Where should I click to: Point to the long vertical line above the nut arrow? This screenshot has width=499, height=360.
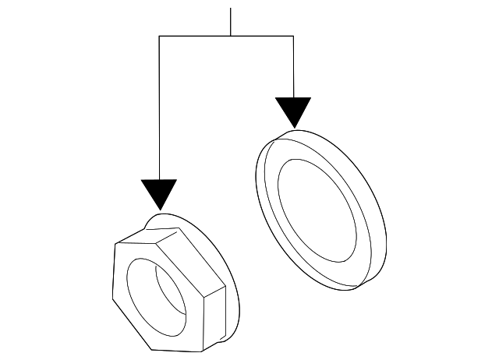(x=159, y=109)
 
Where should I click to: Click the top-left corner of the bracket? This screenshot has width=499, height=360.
(x=159, y=37)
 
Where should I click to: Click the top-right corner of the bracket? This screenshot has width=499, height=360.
(x=293, y=37)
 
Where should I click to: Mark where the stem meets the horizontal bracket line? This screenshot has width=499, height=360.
(x=230, y=37)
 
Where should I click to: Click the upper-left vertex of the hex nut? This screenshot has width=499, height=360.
(x=115, y=244)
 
